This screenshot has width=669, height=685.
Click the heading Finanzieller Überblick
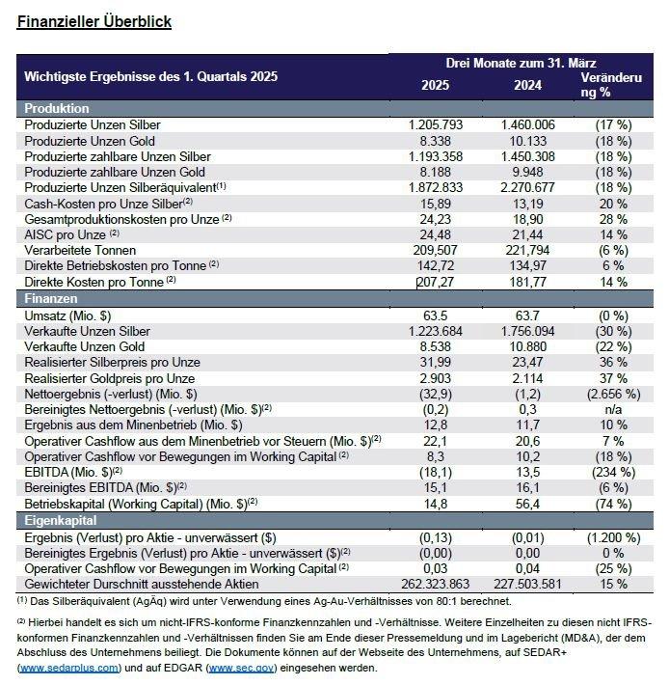tap(94, 22)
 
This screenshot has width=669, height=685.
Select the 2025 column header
tap(435, 85)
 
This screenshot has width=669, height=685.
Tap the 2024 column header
tap(527, 85)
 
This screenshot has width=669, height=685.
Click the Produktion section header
tap(57, 109)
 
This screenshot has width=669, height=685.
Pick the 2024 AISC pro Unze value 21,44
tap(527, 234)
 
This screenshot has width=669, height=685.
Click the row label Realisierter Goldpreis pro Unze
tap(113, 377)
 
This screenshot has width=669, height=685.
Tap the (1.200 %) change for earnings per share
tap(610, 536)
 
